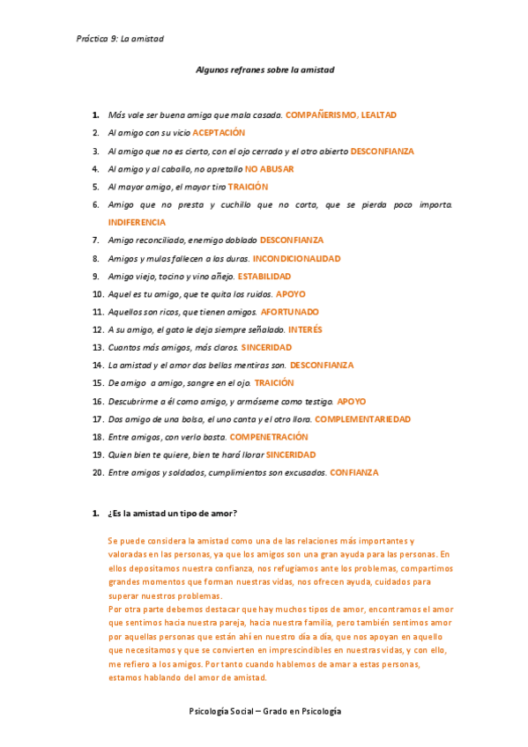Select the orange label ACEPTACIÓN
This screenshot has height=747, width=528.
tap(219, 133)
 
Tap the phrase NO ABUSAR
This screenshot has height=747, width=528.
tap(269, 169)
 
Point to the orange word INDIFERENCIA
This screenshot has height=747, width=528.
tap(137, 222)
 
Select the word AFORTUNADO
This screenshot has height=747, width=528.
tap(290, 312)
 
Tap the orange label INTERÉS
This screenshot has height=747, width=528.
tap(305, 329)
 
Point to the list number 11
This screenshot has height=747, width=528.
tap(98, 312)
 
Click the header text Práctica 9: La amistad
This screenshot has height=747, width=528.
tap(120, 39)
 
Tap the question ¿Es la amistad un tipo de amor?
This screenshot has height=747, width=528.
tap(172, 514)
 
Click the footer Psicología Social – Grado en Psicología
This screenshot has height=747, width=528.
tap(264, 711)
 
